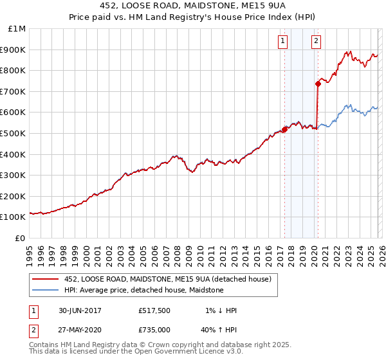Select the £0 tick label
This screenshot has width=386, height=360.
pos(21,238)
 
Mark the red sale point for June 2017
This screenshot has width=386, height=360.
pos(284,129)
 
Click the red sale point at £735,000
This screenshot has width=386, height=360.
pos(318,84)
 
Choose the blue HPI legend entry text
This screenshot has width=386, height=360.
pos(143,290)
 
